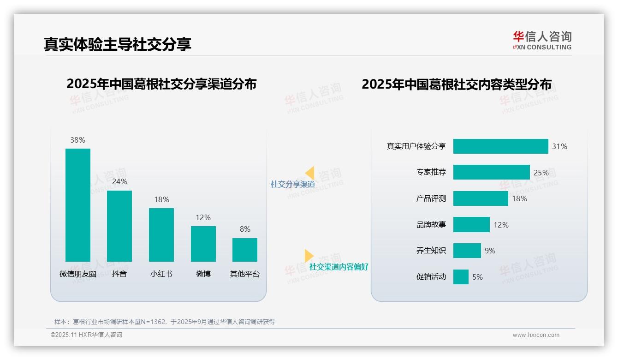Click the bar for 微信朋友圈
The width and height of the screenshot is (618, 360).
(77, 205)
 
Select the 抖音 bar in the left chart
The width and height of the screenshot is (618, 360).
(119, 226)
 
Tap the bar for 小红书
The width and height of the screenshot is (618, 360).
(161, 235)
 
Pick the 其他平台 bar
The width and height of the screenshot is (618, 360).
(245, 250)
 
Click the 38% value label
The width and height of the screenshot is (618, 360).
(77, 140)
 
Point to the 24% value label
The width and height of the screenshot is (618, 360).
(119, 182)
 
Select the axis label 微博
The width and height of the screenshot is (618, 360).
(203, 274)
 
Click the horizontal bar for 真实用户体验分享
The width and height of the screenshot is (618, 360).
(500, 146)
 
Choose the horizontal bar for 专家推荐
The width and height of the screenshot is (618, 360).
(491, 172)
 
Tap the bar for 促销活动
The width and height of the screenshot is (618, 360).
(461, 277)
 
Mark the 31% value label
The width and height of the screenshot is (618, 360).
(559, 146)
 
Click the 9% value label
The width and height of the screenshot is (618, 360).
(490, 251)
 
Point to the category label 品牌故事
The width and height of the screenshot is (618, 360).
(431, 225)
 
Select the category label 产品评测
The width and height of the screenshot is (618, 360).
(431, 198)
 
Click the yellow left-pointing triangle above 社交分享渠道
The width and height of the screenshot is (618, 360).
(310, 173)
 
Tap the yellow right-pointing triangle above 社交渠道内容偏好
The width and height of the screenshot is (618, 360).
(309, 256)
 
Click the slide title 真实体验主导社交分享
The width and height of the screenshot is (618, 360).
(118, 44)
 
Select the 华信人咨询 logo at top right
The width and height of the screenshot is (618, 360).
(542, 40)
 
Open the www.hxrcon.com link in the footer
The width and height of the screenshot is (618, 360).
(536, 335)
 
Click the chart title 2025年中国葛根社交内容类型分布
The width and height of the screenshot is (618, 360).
(457, 84)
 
